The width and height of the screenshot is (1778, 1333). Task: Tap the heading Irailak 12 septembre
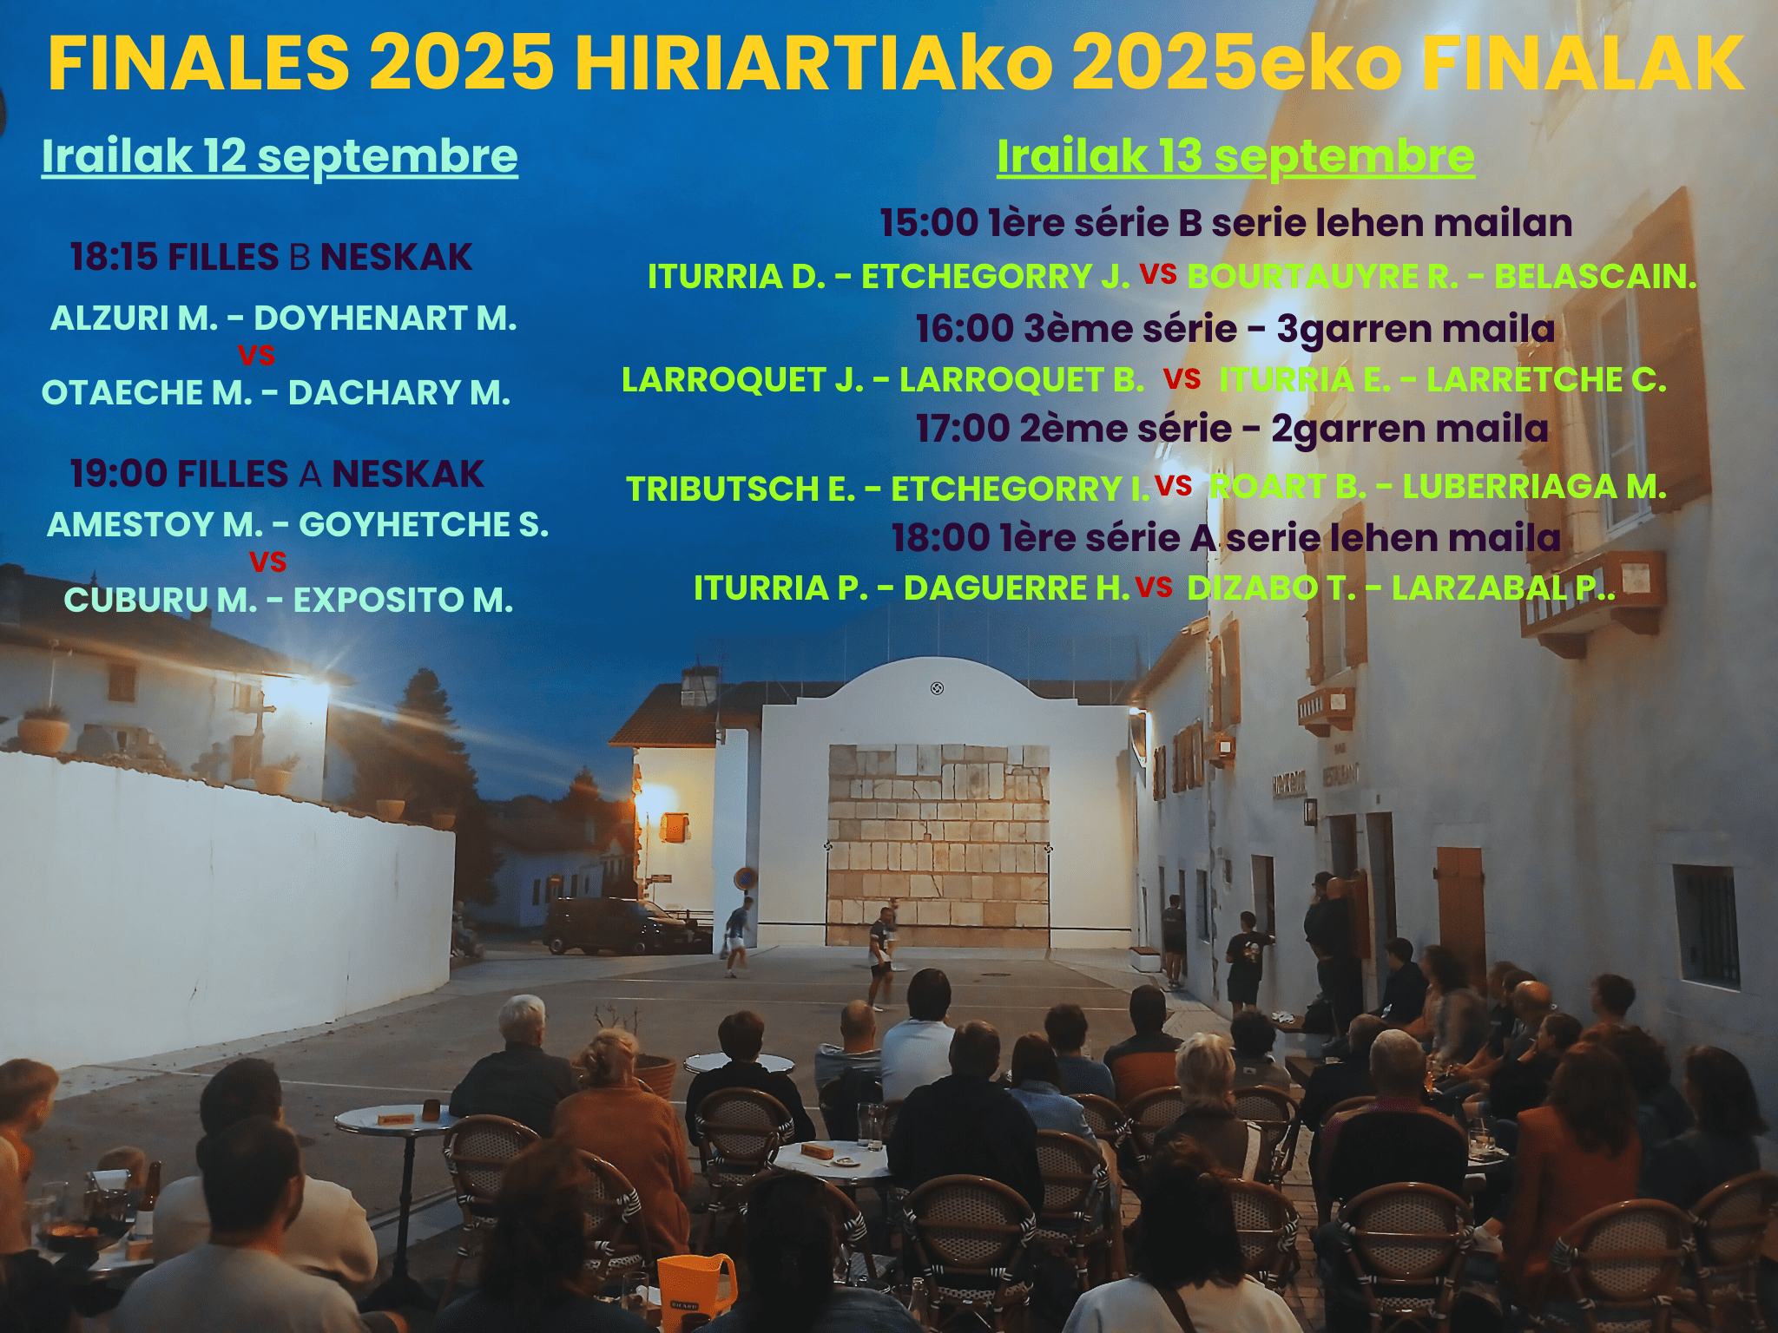280,156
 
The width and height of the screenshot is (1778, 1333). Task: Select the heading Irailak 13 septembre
1235,156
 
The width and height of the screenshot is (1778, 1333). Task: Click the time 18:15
114,257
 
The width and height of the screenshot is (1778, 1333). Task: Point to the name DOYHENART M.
385,318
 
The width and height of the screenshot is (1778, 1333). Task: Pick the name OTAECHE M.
147,393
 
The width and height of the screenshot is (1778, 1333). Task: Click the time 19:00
119,474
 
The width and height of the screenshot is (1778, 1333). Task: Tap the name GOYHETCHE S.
424,525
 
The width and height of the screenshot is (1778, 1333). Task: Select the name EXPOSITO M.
404,601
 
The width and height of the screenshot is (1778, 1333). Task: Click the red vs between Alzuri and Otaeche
256,356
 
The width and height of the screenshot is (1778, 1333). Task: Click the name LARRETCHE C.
1546,380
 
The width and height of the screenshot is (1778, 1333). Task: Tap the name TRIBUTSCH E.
741,489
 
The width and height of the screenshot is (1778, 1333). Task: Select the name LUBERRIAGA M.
1535,487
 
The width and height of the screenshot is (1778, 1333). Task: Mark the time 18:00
941,538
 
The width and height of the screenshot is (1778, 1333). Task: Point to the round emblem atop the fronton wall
937,689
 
